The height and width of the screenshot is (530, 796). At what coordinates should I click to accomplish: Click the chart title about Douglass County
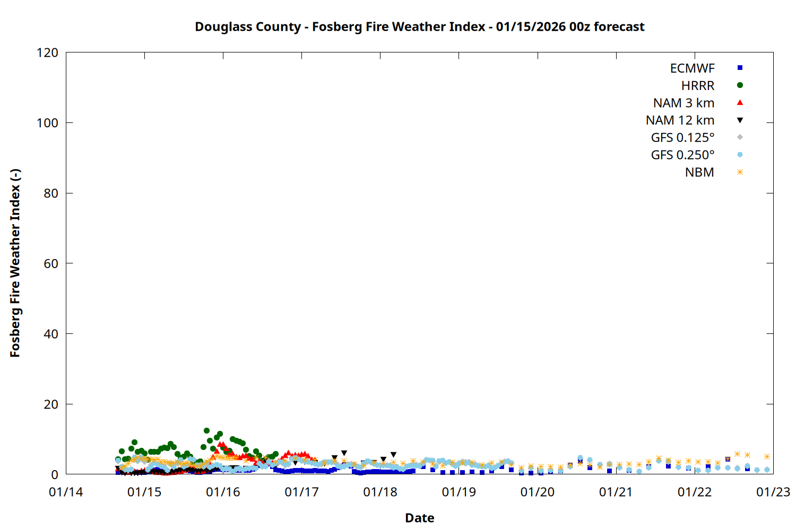coord(419,26)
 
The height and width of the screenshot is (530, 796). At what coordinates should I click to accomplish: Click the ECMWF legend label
coord(692,68)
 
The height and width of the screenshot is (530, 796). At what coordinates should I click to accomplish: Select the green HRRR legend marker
coord(740,85)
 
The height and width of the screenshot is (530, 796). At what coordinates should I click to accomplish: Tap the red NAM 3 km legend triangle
coord(740,103)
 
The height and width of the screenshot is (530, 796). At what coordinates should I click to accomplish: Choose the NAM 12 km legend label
coord(680,120)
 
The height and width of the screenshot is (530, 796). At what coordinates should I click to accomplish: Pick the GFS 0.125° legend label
coord(682,138)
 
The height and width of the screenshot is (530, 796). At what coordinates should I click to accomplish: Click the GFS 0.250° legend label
coord(682,155)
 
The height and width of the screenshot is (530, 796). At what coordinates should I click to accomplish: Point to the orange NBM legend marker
coord(740,172)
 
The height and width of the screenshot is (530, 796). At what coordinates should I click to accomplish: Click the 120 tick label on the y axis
coord(47,53)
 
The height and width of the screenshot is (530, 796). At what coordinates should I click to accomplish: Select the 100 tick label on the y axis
coord(47,123)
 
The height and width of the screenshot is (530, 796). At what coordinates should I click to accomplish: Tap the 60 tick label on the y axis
coord(51,263)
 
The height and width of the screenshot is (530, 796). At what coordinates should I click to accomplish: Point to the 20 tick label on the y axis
coord(51,404)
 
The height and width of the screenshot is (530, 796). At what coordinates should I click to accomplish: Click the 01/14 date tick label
coord(66,492)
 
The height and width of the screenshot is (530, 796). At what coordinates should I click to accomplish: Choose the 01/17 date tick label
coord(301,492)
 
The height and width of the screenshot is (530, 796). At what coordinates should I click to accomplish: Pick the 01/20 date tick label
coord(538,492)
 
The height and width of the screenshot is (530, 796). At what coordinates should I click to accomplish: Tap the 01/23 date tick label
coord(773,492)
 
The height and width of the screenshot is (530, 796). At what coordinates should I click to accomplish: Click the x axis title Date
coord(419,518)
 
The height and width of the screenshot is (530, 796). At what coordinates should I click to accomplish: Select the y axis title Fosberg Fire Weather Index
coord(15,263)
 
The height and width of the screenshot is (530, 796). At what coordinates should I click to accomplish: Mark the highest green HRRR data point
coord(206,431)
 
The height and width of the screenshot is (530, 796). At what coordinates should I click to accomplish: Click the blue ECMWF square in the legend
coord(740,68)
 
